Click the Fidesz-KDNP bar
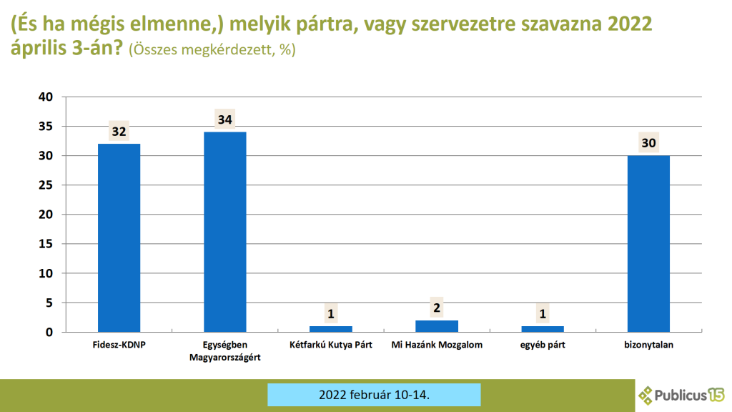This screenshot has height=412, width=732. coord(119,237)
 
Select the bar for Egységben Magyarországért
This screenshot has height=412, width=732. coord(225,232)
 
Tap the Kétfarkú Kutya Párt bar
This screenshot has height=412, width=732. coord(331,329)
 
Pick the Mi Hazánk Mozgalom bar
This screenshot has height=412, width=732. coord(437,326)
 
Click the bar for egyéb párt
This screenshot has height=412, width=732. coord(543,329)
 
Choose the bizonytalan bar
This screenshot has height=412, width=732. coord(648,244)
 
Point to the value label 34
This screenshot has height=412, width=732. coord(225,119)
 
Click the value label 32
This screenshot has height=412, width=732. coord(119,132)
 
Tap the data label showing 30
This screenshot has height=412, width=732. coord(648,143)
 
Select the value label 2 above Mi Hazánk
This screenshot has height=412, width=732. coord(437,308)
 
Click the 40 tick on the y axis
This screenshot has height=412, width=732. coord(46,97)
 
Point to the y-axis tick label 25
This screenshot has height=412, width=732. coord(46,185)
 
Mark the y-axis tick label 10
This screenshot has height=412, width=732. coord(46,273)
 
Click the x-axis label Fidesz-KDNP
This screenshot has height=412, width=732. coord(119,345)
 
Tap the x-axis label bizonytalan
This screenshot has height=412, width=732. coord(648,345)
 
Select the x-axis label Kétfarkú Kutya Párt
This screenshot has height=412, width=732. coord(331,345)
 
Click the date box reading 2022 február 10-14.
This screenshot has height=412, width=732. coord(374,395)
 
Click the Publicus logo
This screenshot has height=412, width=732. coord(681,395)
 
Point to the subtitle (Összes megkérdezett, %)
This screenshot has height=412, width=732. coord(212,49)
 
